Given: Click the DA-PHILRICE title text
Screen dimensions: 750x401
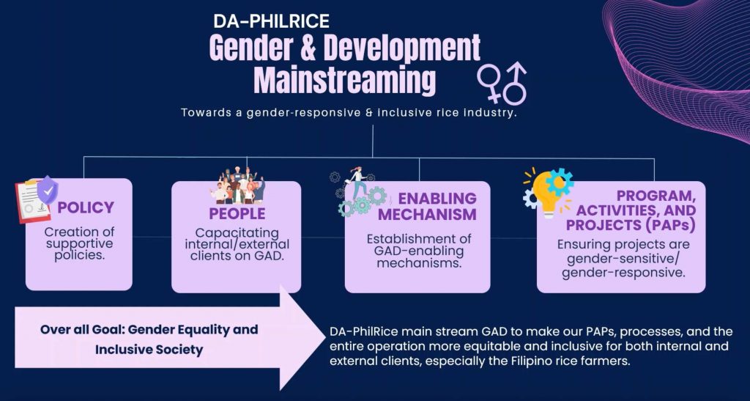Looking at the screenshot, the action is coord(271,21).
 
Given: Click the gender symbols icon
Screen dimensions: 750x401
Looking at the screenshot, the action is coord(502,82).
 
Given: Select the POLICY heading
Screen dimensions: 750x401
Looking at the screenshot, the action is coord(86,207).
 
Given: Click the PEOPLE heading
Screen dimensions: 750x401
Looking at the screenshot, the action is coord(237,213).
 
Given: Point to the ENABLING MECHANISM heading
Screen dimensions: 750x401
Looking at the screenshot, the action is coord(428,206).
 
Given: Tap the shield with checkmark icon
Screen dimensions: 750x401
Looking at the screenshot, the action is coord(48,190).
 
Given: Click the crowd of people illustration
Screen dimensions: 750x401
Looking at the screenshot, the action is coord(237,185).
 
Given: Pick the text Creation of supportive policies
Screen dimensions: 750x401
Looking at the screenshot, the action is coord(79,243).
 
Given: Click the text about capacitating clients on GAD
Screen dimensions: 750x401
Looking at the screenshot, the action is coord(237,244).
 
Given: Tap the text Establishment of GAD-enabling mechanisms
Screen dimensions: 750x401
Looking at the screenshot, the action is coord(418,251).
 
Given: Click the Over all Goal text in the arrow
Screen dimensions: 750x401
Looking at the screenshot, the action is coord(149,339).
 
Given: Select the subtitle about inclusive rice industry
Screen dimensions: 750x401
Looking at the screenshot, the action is coord(349,114).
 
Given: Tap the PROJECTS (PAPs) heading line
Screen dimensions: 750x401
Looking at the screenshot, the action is coord(631,224).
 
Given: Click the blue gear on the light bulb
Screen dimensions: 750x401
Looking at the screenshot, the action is coord(560,182).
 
